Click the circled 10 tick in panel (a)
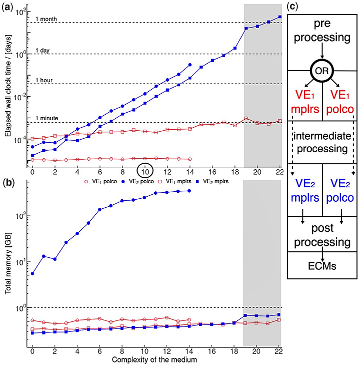coord(145,171)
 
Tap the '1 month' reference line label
coord(46,19)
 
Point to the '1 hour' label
coord(44,80)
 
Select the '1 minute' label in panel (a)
coord(47,118)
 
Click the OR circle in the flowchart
coord(322,71)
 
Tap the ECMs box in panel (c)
coord(322,265)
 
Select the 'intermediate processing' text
coord(322,142)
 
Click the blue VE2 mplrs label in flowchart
coord(305,190)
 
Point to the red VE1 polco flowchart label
coord(340,102)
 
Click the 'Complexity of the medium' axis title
coord(154,359)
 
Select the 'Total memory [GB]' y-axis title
coord(8,263)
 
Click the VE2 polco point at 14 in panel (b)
coord(189,191)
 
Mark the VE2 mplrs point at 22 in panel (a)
coord(280,17)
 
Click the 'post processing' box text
coord(322,235)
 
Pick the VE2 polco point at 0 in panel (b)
coord(32,273)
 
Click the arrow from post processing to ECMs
coord(322,253)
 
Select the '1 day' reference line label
coord(42,51)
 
